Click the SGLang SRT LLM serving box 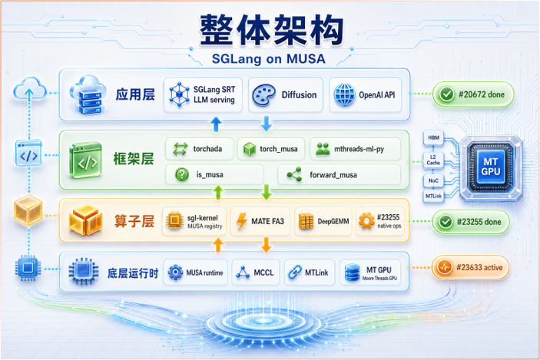click(204, 94)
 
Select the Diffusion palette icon click(263, 95)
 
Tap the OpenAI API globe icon click(344, 94)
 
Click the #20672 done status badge click(473, 94)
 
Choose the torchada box click(200, 149)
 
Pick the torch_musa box click(271, 149)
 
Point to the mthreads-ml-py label click(359, 149)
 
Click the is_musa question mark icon click(182, 174)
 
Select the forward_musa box click(340, 174)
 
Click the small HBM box click(433, 137)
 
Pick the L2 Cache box click(433, 160)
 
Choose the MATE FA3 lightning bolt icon click(242, 221)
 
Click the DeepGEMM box click(323, 221)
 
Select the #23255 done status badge click(471, 222)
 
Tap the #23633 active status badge click(470, 267)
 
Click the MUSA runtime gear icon click(176, 272)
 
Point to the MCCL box click(256, 272)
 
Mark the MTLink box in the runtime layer click(310, 272)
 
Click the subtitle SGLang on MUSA click(269, 59)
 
